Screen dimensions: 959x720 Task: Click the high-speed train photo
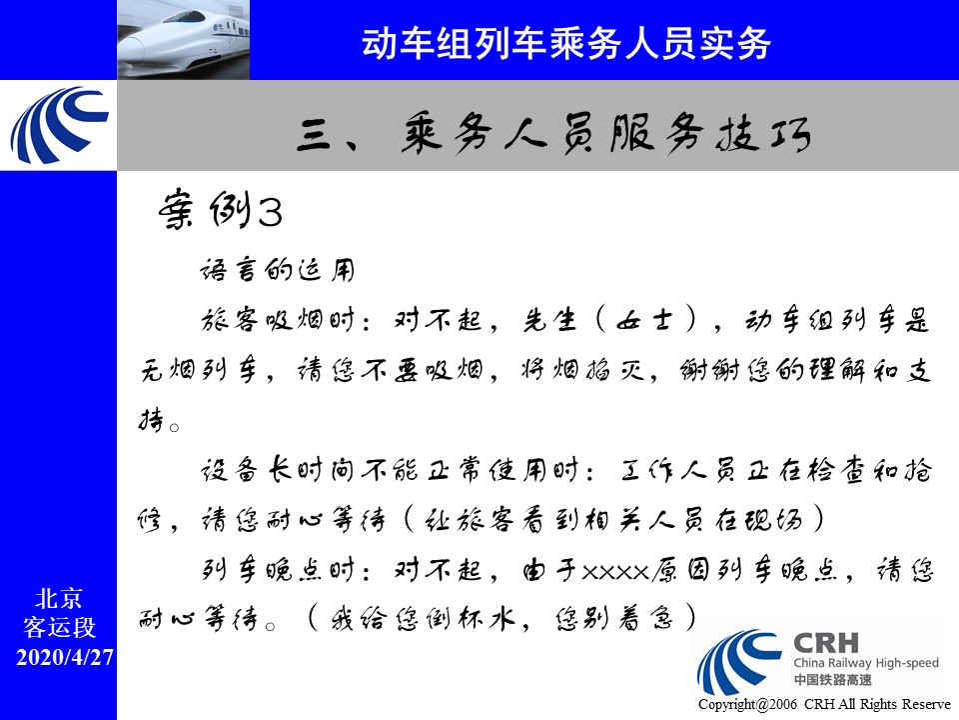pyautogui.click(x=184, y=40)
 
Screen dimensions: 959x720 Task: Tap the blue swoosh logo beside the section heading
pyautogui.click(x=59, y=126)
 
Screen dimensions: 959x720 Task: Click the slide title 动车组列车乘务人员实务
pyautogui.click(x=565, y=43)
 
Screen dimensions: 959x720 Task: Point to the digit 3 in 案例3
pyautogui.click(x=270, y=212)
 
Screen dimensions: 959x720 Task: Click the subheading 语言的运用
pyautogui.click(x=277, y=270)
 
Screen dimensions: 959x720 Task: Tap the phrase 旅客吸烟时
pyautogui.click(x=278, y=320)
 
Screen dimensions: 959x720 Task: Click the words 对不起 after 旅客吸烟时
pyautogui.click(x=438, y=320)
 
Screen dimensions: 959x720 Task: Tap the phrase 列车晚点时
pyautogui.click(x=278, y=571)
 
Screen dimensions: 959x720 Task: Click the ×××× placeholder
pyautogui.click(x=614, y=572)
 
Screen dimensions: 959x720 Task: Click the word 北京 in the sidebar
pyautogui.click(x=59, y=598)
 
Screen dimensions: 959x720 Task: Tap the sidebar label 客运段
pyautogui.click(x=59, y=628)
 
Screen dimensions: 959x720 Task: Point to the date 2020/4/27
pyautogui.click(x=65, y=657)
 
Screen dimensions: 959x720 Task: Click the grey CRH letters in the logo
pyautogui.click(x=826, y=643)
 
